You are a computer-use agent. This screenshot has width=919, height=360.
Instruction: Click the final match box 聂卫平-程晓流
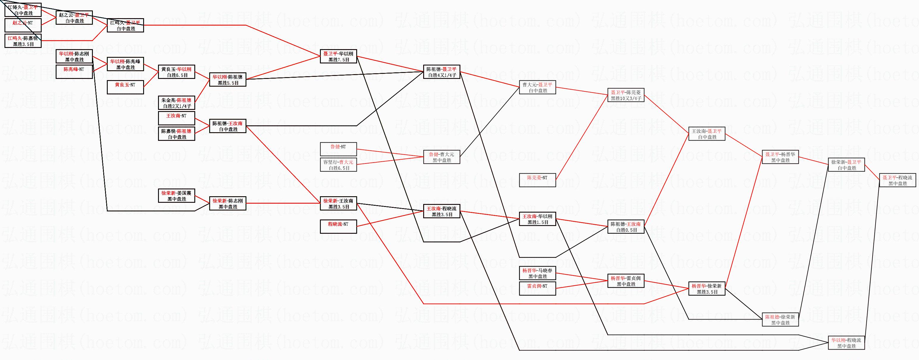point(897,180)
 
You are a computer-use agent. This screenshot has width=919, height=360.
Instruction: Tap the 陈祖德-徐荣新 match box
point(780,320)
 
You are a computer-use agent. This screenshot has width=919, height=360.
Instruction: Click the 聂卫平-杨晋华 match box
point(780,157)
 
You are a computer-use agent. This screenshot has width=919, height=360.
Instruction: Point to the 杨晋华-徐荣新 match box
point(707,289)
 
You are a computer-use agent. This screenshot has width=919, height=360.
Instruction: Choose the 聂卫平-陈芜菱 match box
point(626,95)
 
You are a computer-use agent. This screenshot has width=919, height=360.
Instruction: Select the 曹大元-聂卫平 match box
point(537,88)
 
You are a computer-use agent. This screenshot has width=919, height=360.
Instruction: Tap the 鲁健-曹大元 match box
point(442,157)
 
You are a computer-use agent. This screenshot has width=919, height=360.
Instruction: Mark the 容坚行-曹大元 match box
point(338,165)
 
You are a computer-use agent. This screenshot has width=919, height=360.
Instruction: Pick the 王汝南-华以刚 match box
point(537,219)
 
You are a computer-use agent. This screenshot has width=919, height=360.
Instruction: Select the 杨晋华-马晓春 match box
point(537,273)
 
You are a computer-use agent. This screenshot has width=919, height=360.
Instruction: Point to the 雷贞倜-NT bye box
point(537,289)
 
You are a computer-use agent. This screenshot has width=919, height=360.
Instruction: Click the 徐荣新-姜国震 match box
point(176,196)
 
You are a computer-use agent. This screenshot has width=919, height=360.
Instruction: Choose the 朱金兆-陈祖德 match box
point(176,103)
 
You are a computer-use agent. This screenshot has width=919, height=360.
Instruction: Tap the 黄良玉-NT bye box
point(125,88)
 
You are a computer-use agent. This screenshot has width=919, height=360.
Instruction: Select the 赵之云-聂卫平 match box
point(74,18)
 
